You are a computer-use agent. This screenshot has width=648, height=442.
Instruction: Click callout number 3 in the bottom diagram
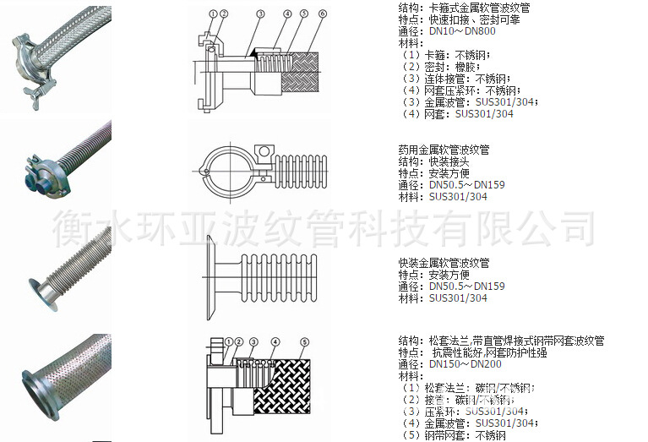(253, 341)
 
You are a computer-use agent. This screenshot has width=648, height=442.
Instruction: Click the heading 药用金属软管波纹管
(444, 150)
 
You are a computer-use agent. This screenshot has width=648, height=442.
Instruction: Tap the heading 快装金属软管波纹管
(444, 263)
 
